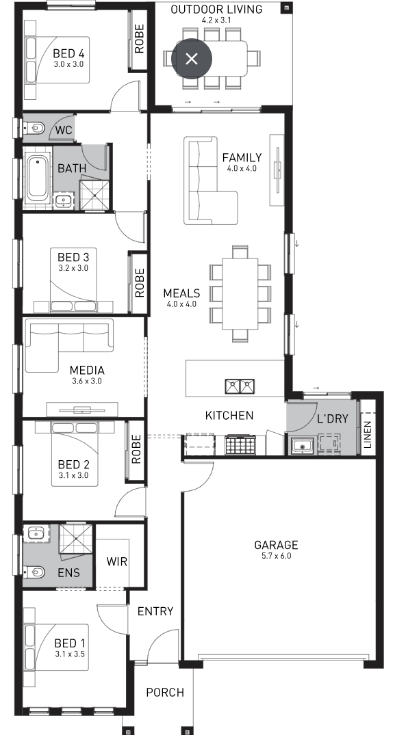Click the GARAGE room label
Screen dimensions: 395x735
point(276,545)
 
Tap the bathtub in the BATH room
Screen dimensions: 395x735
point(38,178)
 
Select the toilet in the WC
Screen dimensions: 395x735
point(34,127)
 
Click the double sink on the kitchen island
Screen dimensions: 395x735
point(239,387)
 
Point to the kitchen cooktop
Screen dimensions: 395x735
point(240,444)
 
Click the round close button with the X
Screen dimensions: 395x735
point(192,59)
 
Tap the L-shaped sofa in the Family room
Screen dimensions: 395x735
point(209,181)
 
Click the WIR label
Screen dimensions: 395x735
point(116,561)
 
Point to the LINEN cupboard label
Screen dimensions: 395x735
point(368,435)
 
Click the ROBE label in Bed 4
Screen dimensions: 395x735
point(140,38)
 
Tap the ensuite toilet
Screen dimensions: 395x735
point(34,572)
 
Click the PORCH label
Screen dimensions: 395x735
point(165,693)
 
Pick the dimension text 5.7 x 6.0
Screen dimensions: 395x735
point(277,556)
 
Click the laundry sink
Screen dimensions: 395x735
point(302,444)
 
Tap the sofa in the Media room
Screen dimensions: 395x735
point(69,345)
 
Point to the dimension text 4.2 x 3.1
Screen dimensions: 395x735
point(216,20)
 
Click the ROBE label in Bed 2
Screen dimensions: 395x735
point(136,449)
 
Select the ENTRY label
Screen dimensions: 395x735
point(155,611)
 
